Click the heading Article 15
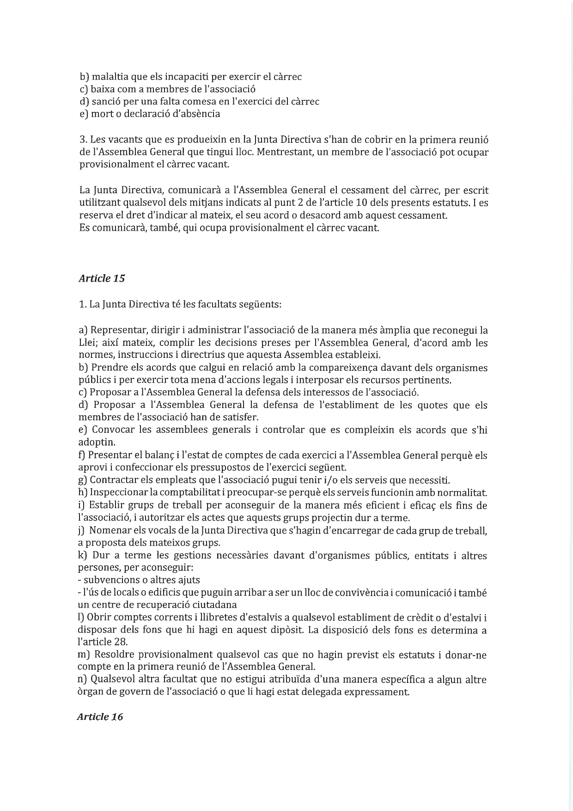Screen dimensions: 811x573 (102, 278)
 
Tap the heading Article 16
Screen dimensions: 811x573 (100, 717)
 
